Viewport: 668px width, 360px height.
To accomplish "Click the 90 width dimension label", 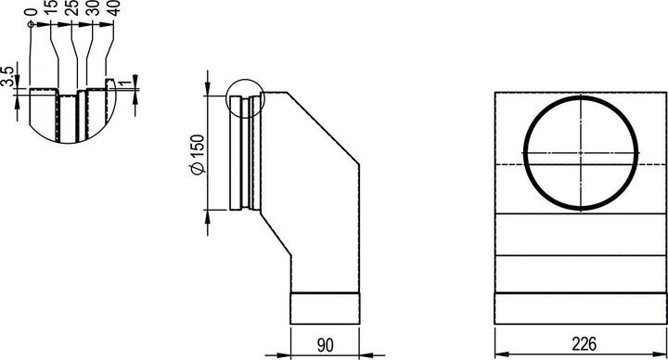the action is coord(325,345).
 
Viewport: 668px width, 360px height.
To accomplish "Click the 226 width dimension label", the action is coord(584,344).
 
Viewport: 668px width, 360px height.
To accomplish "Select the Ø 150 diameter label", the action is coord(199,154).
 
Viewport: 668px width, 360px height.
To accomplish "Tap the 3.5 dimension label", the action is coord(7,76).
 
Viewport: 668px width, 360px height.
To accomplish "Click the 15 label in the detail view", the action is coord(51,8).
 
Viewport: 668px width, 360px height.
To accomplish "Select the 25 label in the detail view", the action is coord(72,8).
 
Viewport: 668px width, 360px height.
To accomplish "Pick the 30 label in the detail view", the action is coord(93,8).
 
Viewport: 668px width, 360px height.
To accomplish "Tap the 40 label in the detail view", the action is coord(114,8).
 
